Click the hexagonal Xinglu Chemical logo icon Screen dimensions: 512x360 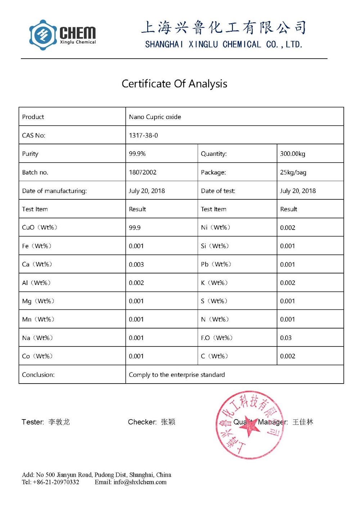click(x=43, y=35)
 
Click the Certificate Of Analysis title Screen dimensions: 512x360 click(x=174, y=84)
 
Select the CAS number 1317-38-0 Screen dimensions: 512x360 click(x=143, y=136)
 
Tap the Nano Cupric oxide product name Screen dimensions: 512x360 click(x=155, y=117)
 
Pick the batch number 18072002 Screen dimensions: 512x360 click(x=143, y=172)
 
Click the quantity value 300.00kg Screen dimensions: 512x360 click(x=292, y=154)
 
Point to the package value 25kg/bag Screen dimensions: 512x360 click(x=293, y=172)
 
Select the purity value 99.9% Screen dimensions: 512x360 click(x=137, y=154)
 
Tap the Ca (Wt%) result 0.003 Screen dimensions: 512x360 click(x=136, y=264)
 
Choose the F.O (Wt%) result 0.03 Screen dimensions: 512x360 click(x=286, y=338)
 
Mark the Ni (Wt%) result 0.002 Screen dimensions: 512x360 click(x=287, y=228)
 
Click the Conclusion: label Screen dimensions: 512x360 click(x=38, y=375)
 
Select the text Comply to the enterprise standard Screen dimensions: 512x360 click(x=177, y=375)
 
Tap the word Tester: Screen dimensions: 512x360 click(x=33, y=422)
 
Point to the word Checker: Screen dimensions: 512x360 click(x=142, y=422)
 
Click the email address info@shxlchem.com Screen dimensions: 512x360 click(x=140, y=482)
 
